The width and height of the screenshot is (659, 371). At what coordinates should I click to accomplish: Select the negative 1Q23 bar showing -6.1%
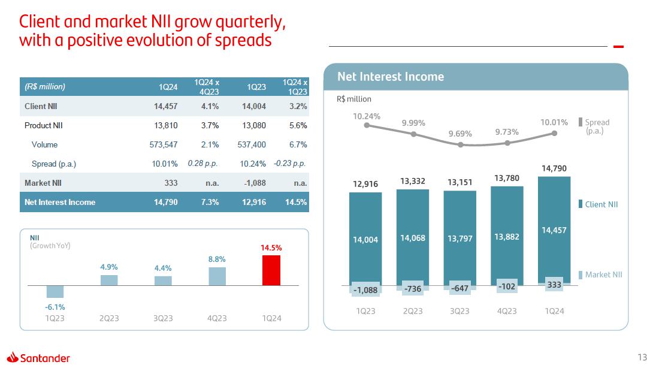(55, 291)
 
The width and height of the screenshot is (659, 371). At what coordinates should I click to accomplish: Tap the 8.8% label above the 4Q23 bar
(217, 259)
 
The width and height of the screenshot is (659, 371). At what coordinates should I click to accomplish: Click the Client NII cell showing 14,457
(165, 106)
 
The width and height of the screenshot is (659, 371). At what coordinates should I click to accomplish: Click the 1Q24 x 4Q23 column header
(207, 87)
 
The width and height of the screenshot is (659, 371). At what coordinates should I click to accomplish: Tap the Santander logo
(39, 358)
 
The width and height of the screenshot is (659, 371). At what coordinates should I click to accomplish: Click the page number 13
(642, 358)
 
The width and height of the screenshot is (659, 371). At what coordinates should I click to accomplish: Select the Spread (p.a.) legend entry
(597, 126)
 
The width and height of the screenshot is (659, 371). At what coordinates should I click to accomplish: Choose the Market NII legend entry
(603, 275)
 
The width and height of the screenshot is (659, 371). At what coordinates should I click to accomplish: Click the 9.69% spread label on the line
(461, 134)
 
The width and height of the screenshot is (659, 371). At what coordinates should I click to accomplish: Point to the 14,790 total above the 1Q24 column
(554, 169)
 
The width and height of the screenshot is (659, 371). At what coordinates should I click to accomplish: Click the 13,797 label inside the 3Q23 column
(460, 239)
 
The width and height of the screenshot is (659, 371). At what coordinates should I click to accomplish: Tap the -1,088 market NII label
(365, 290)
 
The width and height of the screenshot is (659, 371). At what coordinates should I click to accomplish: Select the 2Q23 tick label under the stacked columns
(413, 311)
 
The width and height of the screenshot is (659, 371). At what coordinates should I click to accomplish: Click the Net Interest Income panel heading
(391, 77)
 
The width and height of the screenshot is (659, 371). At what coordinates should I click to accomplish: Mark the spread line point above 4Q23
(507, 143)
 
